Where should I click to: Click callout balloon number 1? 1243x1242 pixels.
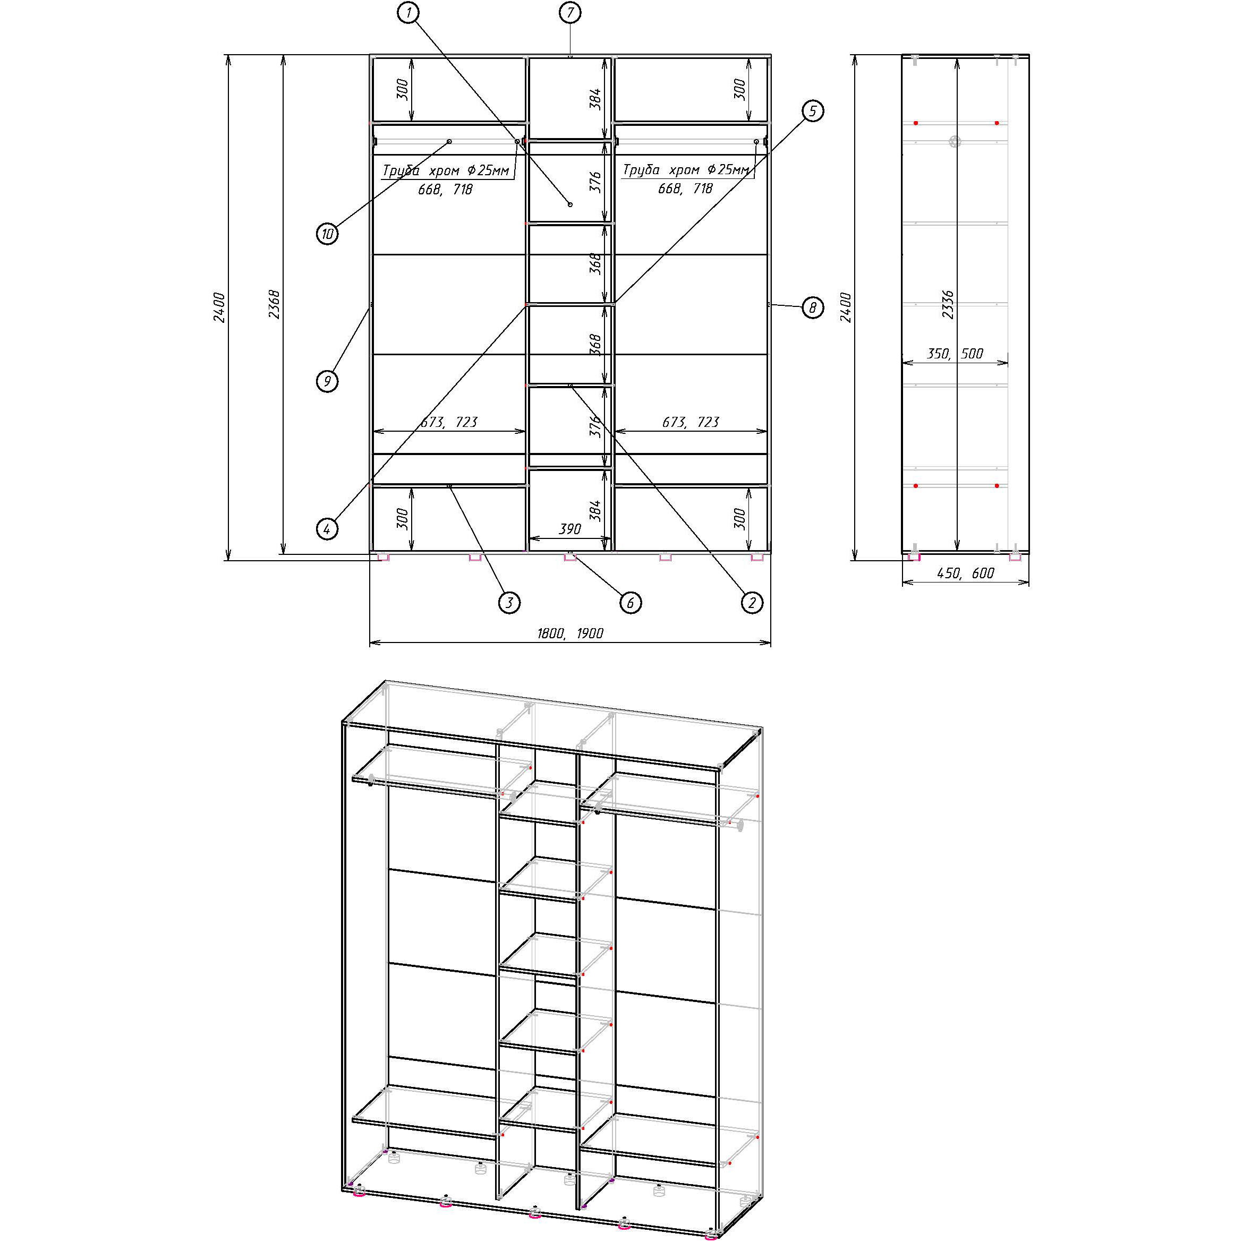point(408,12)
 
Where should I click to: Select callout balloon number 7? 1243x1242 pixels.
point(570,12)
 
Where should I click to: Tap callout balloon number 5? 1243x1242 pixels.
point(813,112)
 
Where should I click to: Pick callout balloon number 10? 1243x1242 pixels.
point(327,234)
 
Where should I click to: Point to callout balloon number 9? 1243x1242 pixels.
point(327,381)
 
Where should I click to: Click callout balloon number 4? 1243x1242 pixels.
point(327,529)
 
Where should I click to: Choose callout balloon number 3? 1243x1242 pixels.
point(509,603)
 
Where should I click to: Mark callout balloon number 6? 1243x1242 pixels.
point(630,603)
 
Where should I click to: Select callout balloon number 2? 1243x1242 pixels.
point(752,603)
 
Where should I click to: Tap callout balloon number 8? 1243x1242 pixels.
point(813,307)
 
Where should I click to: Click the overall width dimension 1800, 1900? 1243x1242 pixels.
point(570,633)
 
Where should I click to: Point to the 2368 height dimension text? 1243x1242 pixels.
point(275,304)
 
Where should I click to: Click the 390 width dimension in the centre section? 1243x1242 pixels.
point(569,529)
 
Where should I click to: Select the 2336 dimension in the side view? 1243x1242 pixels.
point(948,304)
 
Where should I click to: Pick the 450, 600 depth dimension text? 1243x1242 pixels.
point(966,572)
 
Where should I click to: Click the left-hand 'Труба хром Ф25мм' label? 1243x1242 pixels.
point(446,170)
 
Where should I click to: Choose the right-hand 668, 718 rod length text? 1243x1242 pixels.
point(685,189)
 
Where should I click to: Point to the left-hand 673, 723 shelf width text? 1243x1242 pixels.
point(449,422)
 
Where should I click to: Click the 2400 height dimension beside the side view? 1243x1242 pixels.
point(845,307)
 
